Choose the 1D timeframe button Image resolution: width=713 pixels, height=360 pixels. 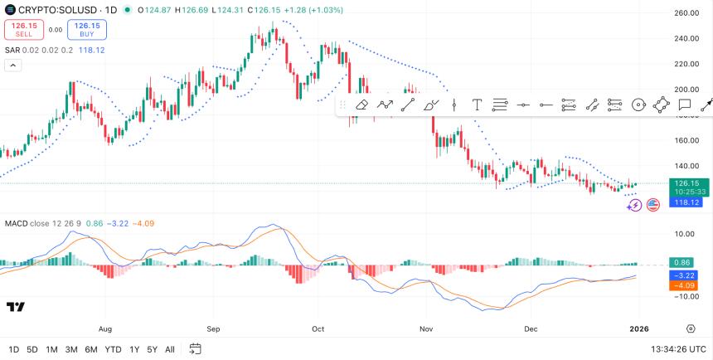14,349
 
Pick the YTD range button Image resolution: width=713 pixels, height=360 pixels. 114,349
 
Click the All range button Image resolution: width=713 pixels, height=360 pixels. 170,349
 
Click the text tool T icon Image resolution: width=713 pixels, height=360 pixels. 478,105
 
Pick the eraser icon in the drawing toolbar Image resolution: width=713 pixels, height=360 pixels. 361,105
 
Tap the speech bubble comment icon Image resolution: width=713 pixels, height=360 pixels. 685,105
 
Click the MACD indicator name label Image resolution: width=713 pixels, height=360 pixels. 17,223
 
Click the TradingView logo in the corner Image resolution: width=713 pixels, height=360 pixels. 15,307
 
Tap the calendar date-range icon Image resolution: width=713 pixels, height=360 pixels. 195,349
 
